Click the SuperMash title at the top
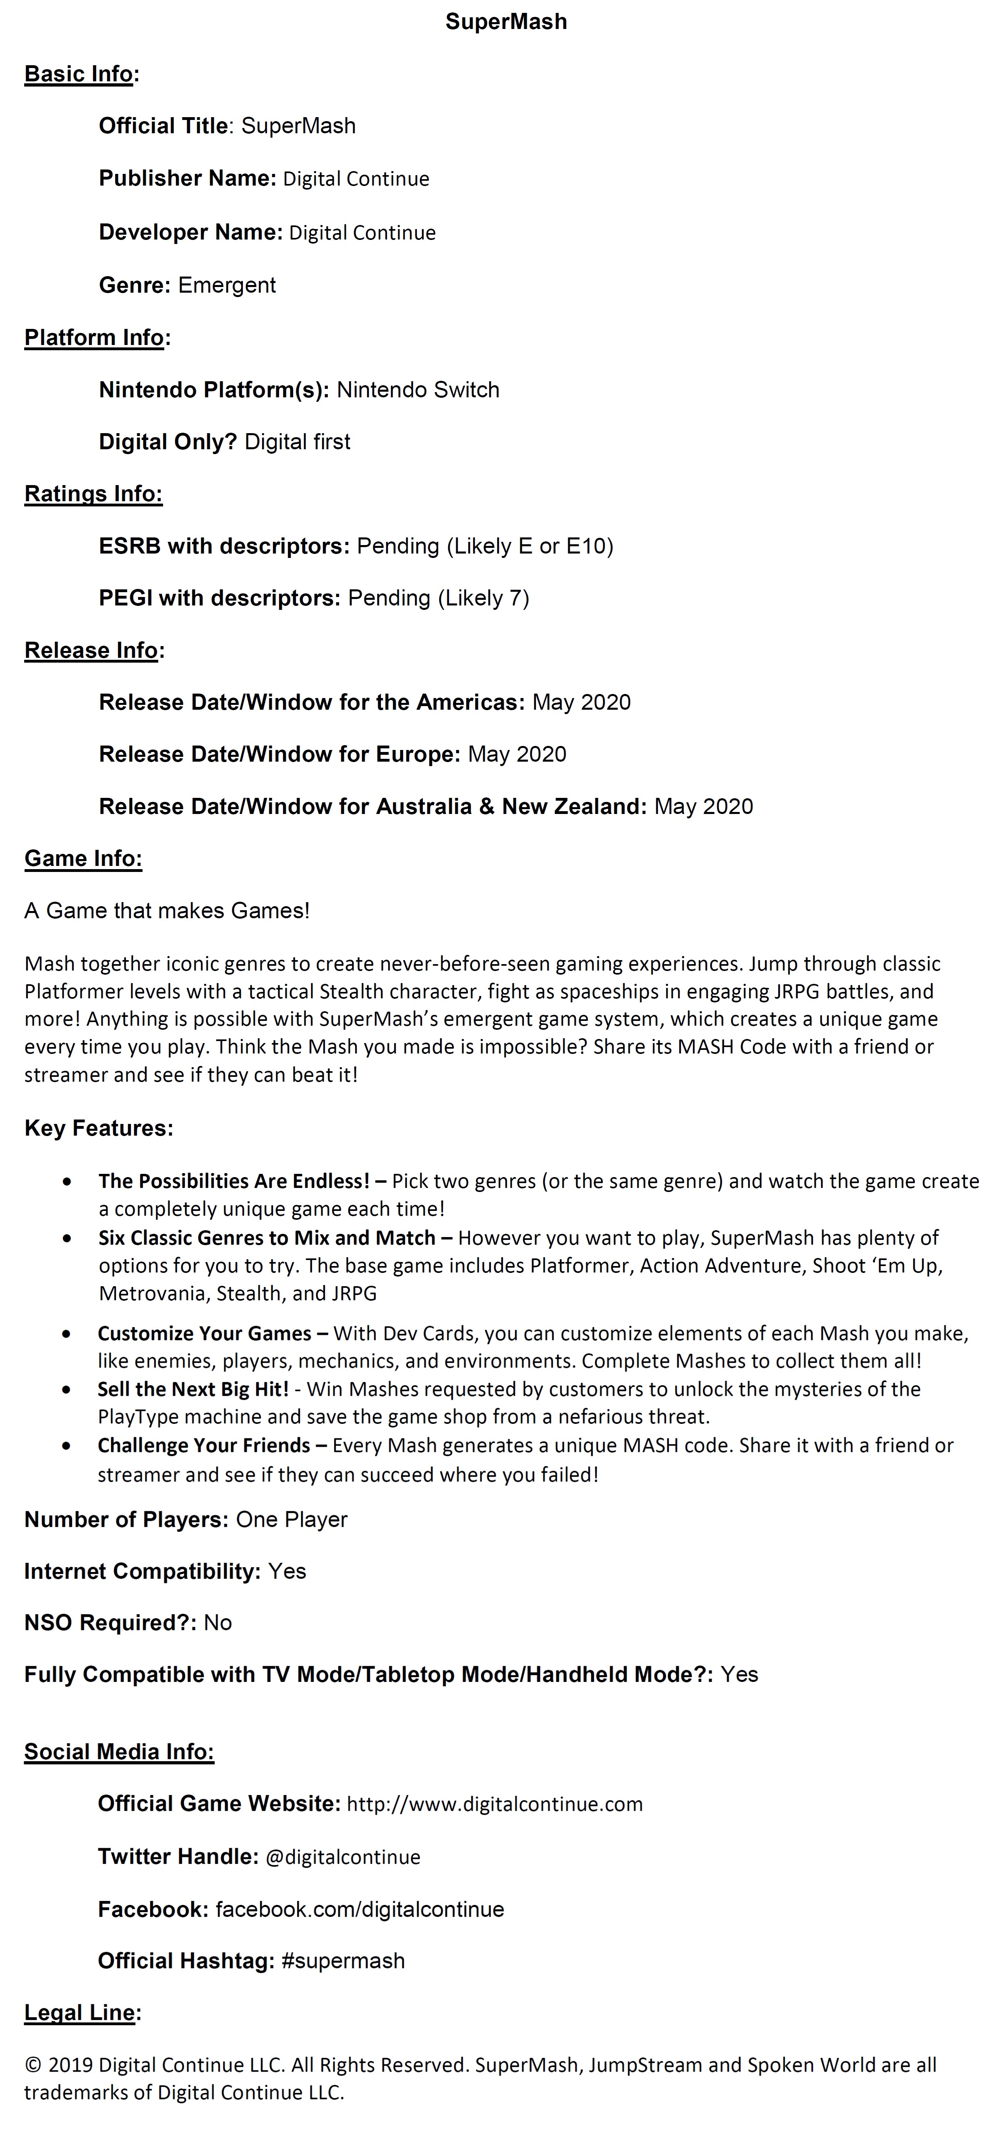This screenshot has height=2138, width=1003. click(506, 22)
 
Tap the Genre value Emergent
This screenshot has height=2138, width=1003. click(227, 285)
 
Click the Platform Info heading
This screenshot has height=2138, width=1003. click(94, 338)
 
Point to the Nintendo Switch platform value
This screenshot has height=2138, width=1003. click(418, 390)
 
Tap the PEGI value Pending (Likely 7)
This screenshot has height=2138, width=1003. click(438, 599)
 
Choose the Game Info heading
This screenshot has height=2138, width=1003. click(83, 859)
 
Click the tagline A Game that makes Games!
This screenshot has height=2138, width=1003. click(167, 911)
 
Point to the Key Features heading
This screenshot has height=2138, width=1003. click(99, 1129)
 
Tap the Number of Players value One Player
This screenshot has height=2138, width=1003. click(292, 1520)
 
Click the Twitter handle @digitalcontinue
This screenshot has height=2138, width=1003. click(343, 1857)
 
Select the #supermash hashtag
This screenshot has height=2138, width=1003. click(343, 1961)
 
